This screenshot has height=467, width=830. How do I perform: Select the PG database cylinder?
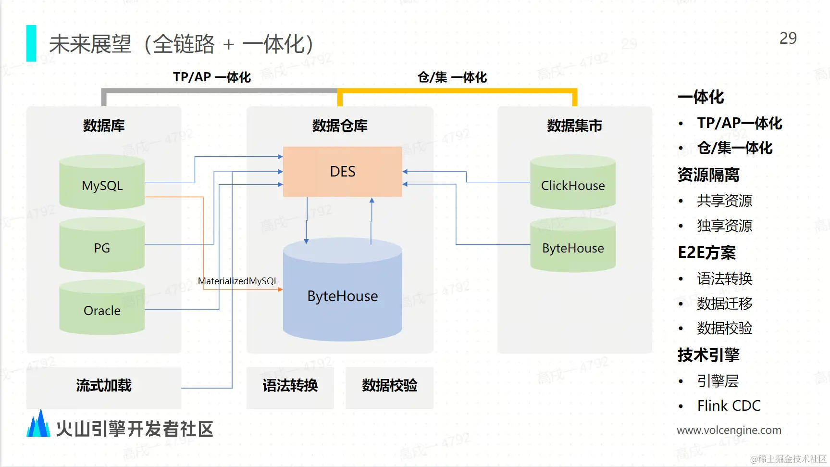(x=102, y=245)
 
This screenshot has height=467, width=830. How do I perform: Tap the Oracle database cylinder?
(x=102, y=307)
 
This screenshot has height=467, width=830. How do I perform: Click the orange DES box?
(x=343, y=172)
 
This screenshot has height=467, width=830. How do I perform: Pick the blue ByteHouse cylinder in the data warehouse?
(x=343, y=290)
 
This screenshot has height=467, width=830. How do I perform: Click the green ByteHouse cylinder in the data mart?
(x=573, y=245)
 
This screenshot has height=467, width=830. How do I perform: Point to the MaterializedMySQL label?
(x=238, y=281)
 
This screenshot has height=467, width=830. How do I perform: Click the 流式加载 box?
(x=104, y=388)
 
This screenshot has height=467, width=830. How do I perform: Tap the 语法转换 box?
(x=290, y=388)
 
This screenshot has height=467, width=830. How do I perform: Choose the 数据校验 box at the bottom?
(x=390, y=388)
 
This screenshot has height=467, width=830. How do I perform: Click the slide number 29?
(x=788, y=38)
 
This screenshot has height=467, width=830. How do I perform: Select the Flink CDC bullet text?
(x=729, y=406)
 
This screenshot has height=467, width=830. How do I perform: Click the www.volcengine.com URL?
(x=729, y=430)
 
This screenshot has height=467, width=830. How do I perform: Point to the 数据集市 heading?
(x=575, y=126)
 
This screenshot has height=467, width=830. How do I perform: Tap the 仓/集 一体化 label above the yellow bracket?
(x=452, y=77)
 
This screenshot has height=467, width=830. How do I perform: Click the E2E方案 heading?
(x=707, y=252)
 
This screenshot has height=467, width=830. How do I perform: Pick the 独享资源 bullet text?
(x=725, y=226)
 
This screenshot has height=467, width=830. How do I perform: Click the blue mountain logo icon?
(x=38, y=423)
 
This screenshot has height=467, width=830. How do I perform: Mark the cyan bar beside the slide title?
(x=31, y=43)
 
